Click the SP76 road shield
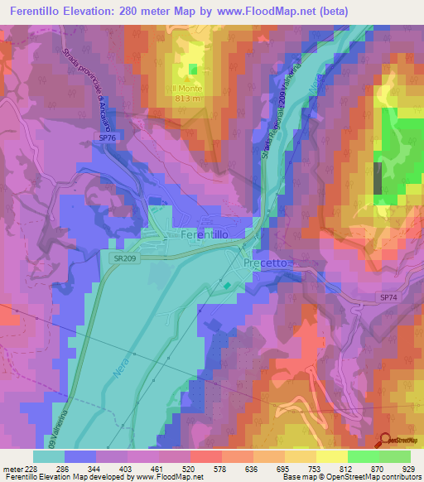[x=107, y=137]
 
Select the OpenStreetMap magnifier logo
[x=384, y=441]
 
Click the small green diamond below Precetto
[x=228, y=286]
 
